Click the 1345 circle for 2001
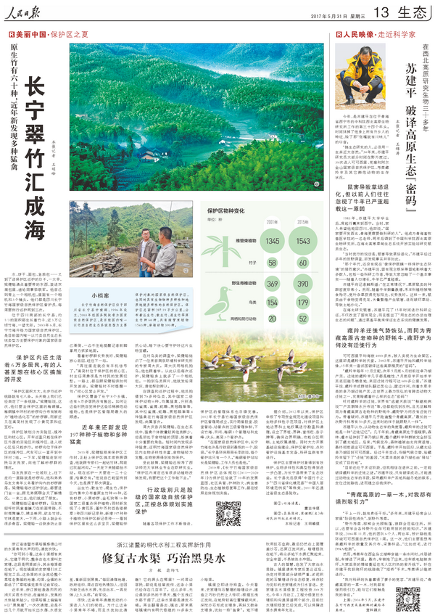click(273, 240)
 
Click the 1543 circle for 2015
click(304, 240)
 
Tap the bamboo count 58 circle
click(273, 261)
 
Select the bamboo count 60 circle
click(304, 261)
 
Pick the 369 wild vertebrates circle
click(273, 282)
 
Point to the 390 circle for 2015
click(304, 282)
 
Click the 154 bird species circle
click(273, 302)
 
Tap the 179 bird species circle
click(304, 302)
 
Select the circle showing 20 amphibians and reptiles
click(273, 319)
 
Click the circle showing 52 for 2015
click(304, 319)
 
